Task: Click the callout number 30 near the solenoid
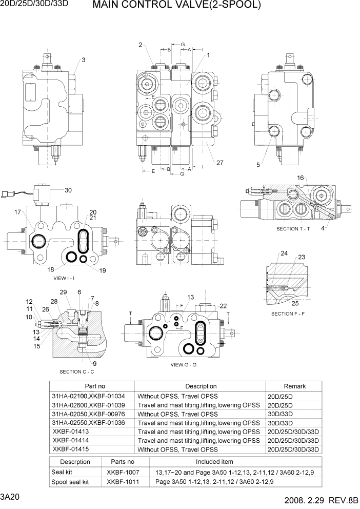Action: (x=68, y=190)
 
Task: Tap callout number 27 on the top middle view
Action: (x=219, y=163)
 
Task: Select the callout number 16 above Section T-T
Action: (x=301, y=178)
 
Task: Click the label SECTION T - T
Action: (x=293, y=229)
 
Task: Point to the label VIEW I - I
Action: (x=64, y=278)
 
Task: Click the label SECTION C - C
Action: (x=77, y=371)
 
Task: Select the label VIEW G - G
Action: (x=184, y=365)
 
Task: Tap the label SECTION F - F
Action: (x=288, y=314)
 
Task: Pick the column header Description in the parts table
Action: (x=201, y=386)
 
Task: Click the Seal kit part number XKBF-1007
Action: (x=123, y=472)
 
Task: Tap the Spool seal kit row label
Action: (x=70, y=482)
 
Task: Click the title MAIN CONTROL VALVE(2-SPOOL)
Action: (x=177, y=6)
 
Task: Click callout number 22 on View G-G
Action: (x=223, y=306)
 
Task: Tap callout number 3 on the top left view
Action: (x=83, y=60)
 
